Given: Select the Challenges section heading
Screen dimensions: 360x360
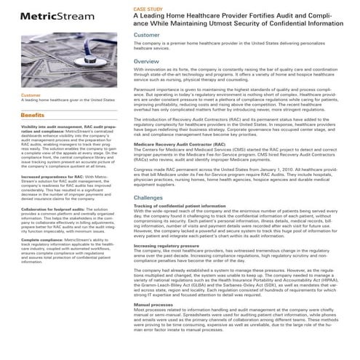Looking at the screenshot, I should tap(148, 197).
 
